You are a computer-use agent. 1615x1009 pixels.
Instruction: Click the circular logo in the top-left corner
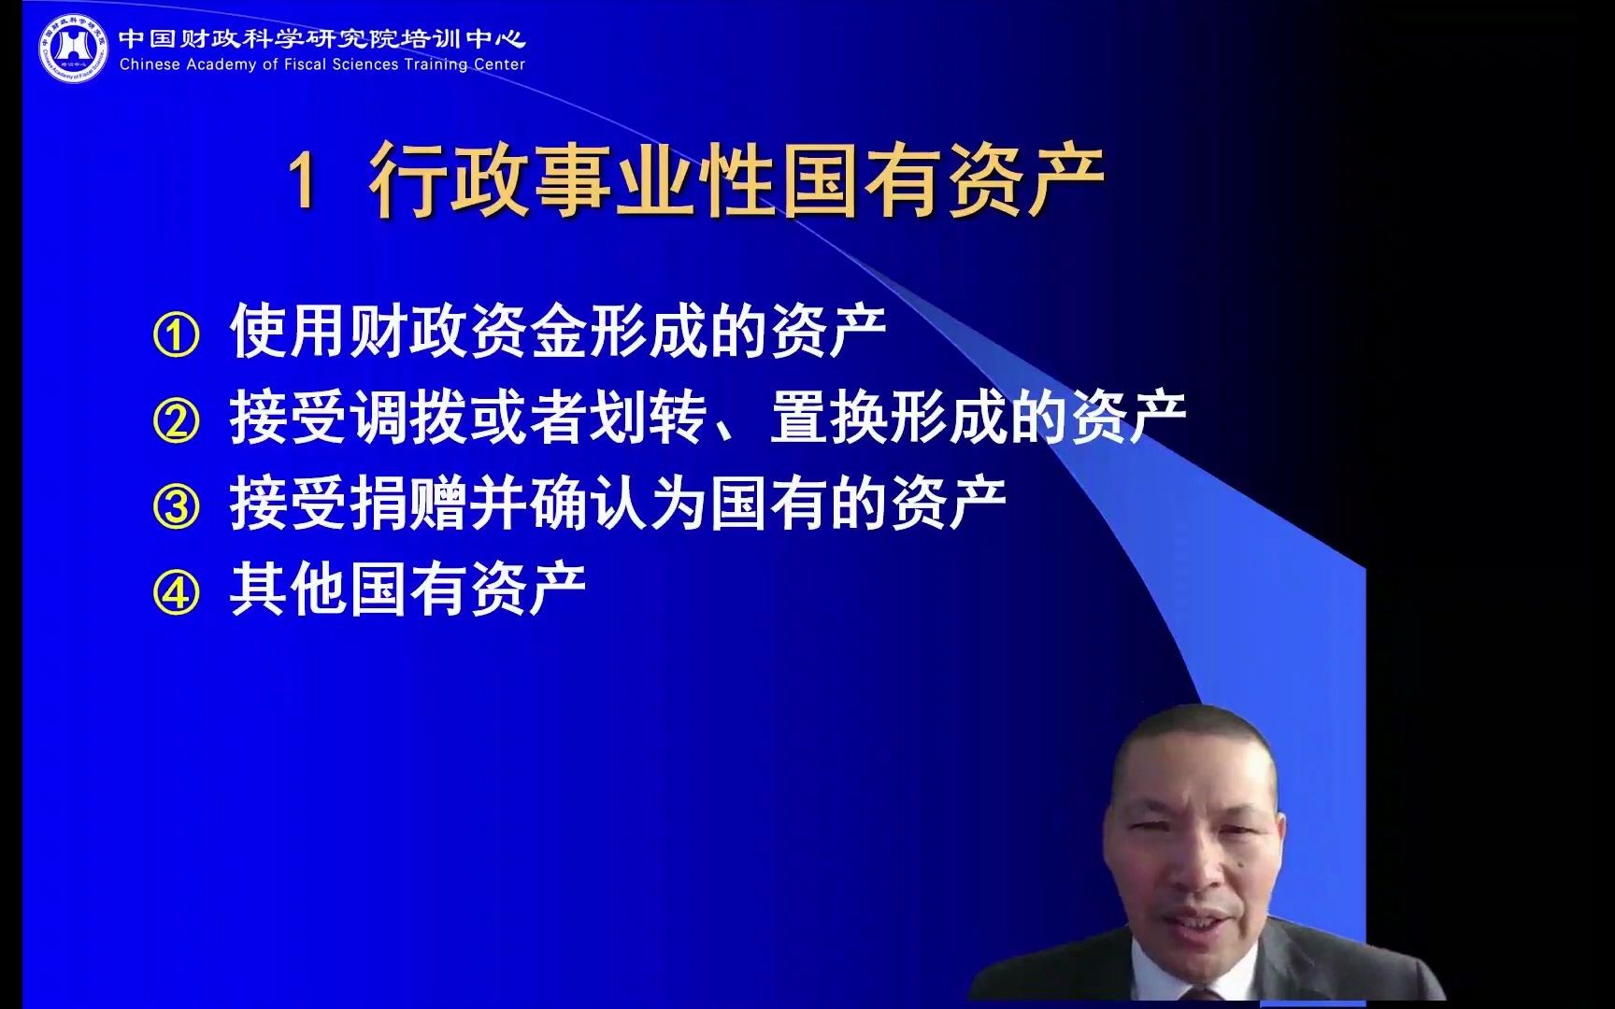tap(73, 47)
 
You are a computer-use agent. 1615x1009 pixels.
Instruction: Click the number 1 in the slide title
tap(303, 180)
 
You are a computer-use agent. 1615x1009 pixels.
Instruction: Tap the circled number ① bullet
tap(176, 335)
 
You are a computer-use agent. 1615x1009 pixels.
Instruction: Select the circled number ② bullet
tap(176, 421)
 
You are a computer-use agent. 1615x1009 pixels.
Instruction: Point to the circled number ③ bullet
tap(176, 507)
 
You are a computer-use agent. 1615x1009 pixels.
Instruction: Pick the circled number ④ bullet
tap(176, 593)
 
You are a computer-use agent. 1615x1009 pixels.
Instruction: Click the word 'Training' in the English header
tap(436, 64)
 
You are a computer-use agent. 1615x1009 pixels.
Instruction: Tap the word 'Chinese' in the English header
tap(150, 64)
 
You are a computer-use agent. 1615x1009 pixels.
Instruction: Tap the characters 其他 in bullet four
tap(288, 590)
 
